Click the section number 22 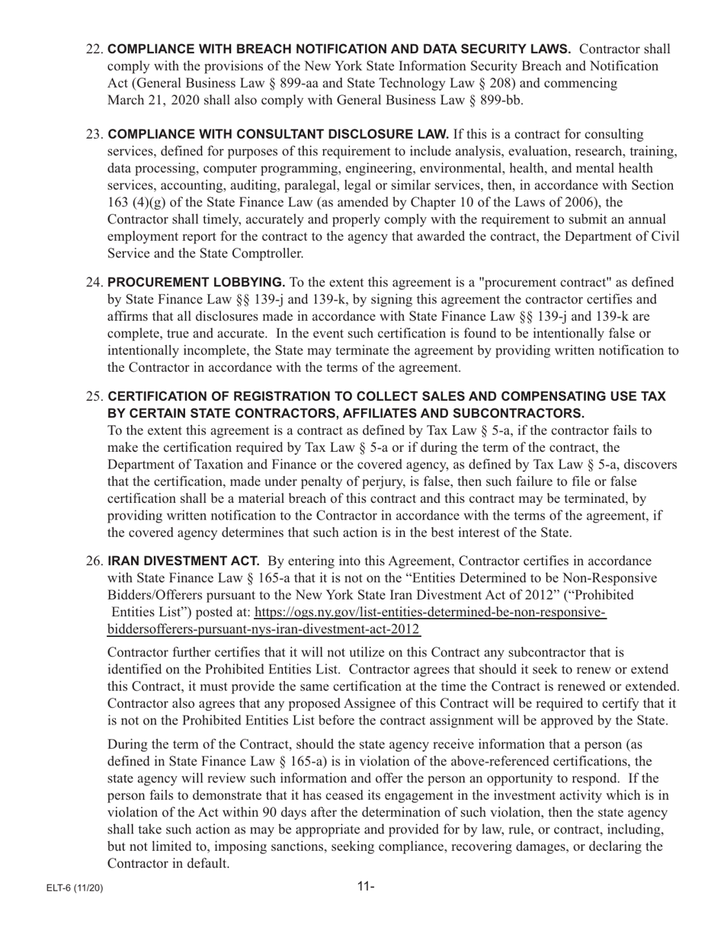95,50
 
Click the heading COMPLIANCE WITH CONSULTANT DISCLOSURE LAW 278,135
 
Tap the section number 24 95,283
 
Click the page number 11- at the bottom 366,886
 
